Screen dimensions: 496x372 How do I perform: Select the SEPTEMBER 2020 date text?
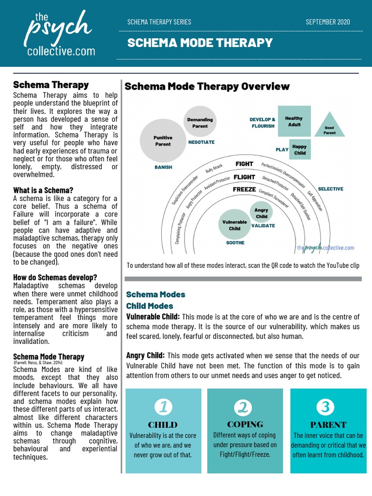pyautogui.click(x=328, y=22)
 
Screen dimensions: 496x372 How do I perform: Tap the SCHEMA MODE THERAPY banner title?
pyautogui.click(x=200, y=43)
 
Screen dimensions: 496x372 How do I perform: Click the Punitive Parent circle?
pyautogui.click(x=163, y=140)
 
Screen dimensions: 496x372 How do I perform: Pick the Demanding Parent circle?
pyautogui.click(x=200, y=123)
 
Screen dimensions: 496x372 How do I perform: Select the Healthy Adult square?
pyautogui.click(x=294, y=121)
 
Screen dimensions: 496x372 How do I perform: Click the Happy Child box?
pyautogui.click(x=299, y=150)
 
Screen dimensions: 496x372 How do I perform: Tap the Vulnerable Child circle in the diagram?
pyautogui.click(x=234, y=225)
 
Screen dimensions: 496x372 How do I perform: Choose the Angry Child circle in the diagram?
pyautogui.click(x=262, y=213)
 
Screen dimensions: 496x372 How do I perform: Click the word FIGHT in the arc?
pyautogui.click(x=245, y=164)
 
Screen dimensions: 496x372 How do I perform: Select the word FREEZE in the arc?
pyautogui.click(x=244, y=189)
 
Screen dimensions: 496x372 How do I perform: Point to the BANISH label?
pyautogui.click(x=163, y=168)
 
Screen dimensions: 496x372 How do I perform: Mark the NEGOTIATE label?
pyautogui.click(x=201, y=142)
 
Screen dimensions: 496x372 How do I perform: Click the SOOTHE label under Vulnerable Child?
pyautogui.click(x=235, y=243)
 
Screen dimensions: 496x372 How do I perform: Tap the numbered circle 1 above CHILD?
pyautogui.click(x=163, y=407)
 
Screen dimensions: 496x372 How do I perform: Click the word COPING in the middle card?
pyautogui.click(x=245, y=424)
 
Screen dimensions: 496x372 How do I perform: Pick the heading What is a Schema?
pyautogui.click(x=43, y=190)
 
